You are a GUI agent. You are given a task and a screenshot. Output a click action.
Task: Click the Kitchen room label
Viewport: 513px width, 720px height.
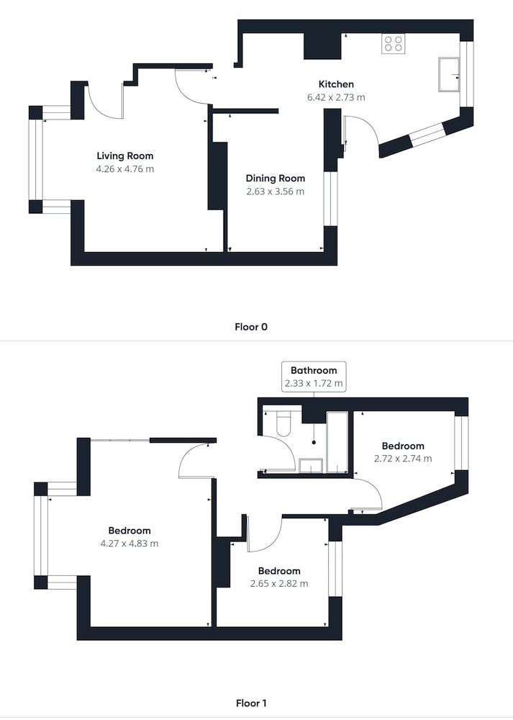click(336, 84)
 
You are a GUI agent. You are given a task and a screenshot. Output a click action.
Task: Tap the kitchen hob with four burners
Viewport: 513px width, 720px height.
click(394, 44)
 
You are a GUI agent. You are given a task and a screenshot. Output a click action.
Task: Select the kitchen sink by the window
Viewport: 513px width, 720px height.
click(449, 74)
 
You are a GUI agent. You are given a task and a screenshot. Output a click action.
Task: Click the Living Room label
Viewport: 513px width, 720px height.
click(124, 156)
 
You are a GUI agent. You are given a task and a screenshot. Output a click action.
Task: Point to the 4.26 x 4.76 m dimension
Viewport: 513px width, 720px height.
click(124, 169)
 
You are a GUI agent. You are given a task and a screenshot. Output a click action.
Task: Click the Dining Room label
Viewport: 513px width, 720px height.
click(276, 178)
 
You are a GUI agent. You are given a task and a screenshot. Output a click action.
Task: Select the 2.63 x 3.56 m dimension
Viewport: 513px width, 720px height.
click(276, 192)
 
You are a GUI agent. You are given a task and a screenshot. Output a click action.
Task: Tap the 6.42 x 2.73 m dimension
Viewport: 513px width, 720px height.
click(336, 97)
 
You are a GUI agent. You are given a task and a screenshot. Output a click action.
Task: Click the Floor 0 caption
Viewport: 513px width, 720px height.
click(251, 327)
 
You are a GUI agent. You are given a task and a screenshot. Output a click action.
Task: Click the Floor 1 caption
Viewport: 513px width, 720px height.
click(251, 703)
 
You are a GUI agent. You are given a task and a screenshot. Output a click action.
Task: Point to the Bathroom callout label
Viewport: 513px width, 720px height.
click(314, 370)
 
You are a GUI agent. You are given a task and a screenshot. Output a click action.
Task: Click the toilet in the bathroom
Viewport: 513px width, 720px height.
click(283, 423)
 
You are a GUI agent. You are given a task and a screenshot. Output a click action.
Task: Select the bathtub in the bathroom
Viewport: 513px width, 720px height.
click(337, 442)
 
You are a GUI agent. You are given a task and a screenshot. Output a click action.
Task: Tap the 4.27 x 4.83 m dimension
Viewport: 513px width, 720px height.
click(130, 544)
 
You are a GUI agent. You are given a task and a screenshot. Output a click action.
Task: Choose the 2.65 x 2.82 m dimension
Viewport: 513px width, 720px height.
click(279, 584)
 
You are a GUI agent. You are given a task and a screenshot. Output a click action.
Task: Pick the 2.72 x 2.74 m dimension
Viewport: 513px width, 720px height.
click(403, 458)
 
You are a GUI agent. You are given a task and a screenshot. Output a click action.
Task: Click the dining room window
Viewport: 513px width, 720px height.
click(331, 199)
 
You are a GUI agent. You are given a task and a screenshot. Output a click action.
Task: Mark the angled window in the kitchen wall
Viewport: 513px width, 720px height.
click(427, 135)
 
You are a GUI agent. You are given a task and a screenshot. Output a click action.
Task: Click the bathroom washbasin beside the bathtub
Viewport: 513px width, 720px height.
click(311, 466)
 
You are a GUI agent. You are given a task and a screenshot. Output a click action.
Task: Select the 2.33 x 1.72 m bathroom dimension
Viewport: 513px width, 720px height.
click(314, 384)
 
